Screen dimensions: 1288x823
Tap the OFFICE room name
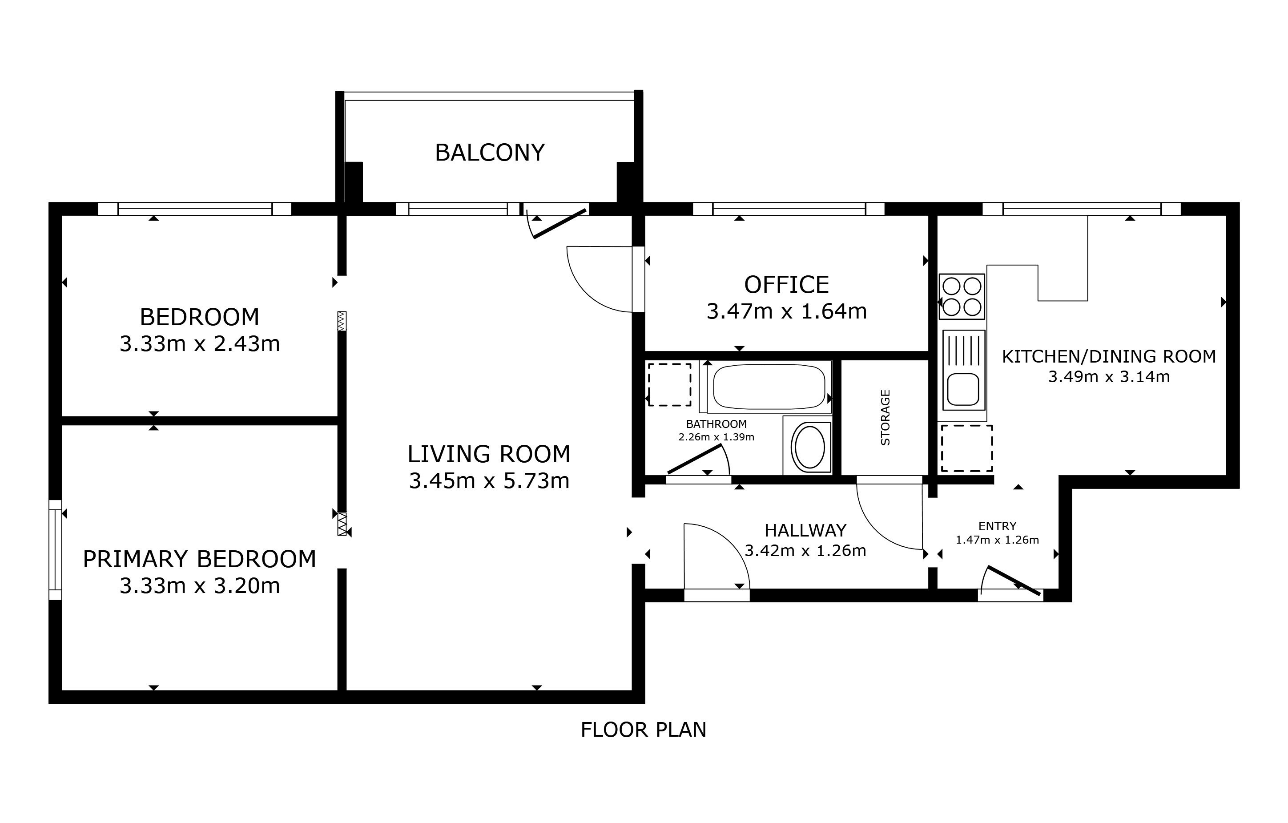pos(786,285)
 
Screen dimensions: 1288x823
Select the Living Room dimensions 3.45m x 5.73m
pos(489,481)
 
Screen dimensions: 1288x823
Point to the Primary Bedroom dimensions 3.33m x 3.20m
pos(200,586)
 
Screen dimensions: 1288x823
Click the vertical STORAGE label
pos(885,417)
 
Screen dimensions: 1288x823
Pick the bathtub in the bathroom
pos(769,386)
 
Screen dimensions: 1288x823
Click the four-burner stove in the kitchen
pos(962,296)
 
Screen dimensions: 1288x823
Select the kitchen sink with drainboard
pos(964,370)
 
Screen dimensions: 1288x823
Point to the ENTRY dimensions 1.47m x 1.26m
pos(997,540)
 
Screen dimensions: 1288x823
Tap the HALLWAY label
pos(805,530)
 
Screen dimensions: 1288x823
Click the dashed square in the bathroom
pos(669,385)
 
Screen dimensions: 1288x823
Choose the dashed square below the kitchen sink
pos(966,448)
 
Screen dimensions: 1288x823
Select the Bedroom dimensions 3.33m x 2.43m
pos(200,343)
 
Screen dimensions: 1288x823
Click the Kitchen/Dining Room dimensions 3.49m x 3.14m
pos(1109,377)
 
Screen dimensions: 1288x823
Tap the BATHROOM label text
pos(716,424)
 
